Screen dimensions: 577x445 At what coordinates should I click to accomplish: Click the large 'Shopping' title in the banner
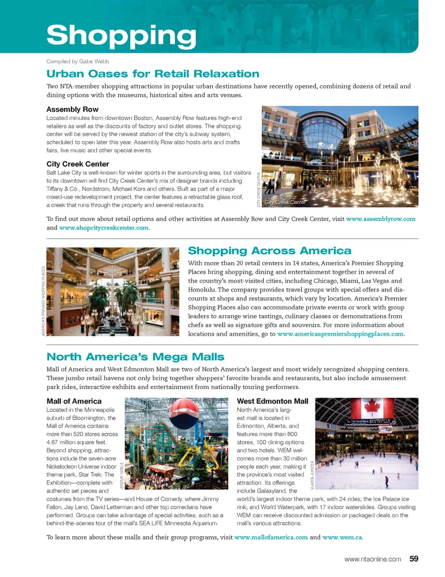tap(121, 35)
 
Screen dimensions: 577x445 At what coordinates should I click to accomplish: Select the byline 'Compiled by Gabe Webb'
tap(77, 61)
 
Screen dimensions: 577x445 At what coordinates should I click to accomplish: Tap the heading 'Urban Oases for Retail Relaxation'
tap(153, 74)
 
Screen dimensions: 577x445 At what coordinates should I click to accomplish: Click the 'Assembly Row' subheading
tap(72, 109)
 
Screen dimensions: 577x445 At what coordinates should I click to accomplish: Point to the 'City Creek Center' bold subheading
tap(77, 164)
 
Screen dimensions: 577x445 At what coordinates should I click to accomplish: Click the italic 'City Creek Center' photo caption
tap(285, 202)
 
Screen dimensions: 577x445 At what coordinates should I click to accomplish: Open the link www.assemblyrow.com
tap(381, 219)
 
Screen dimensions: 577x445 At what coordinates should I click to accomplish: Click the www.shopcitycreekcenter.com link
tap(104, 228)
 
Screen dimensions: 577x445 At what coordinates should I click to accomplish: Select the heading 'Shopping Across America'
tap(269, 251)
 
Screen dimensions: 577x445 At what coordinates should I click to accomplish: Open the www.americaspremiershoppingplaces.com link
tap(340, 334)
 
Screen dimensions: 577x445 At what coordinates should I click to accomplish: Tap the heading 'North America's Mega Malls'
tap(135, 357)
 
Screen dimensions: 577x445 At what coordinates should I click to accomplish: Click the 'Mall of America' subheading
tap(74, 401)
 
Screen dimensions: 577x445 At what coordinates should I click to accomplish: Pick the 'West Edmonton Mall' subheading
tap(272, 401)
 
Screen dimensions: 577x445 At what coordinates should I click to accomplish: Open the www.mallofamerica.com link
tap(271, 537)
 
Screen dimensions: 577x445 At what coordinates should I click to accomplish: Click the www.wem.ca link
tap(342, 537)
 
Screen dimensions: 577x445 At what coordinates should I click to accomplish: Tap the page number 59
tap(413, 559)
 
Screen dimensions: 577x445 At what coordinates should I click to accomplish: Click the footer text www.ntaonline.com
tap(372, 559)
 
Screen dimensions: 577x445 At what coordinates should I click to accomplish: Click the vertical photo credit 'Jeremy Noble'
tap(122, 475)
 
